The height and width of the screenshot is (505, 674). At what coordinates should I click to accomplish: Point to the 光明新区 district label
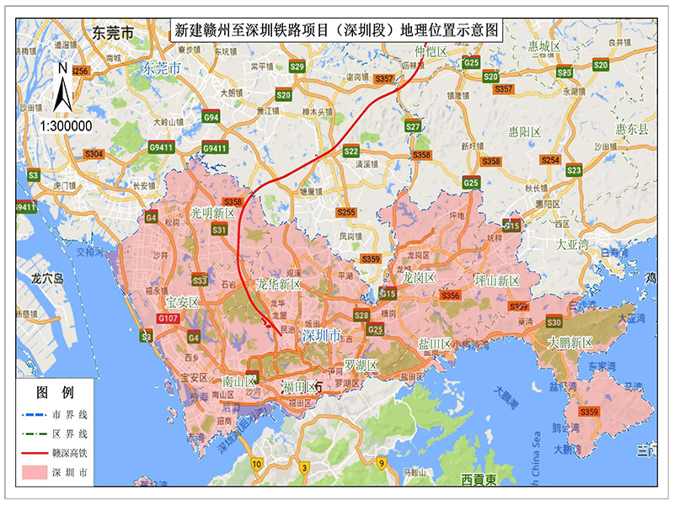coord(213,214)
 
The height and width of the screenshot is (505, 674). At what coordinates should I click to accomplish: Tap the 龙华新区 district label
coord(279,284)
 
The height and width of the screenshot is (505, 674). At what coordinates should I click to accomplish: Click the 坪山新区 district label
coord(496,279)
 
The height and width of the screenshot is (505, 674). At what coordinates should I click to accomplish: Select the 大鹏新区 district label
coord(570,343)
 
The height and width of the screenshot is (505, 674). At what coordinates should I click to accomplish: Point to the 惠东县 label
coord(632,130)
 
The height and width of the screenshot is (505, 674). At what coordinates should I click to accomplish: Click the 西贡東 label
coord(480,480)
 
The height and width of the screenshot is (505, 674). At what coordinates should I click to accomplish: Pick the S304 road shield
coord(94,154)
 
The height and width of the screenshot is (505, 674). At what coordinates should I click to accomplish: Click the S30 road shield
coord(554,322)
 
